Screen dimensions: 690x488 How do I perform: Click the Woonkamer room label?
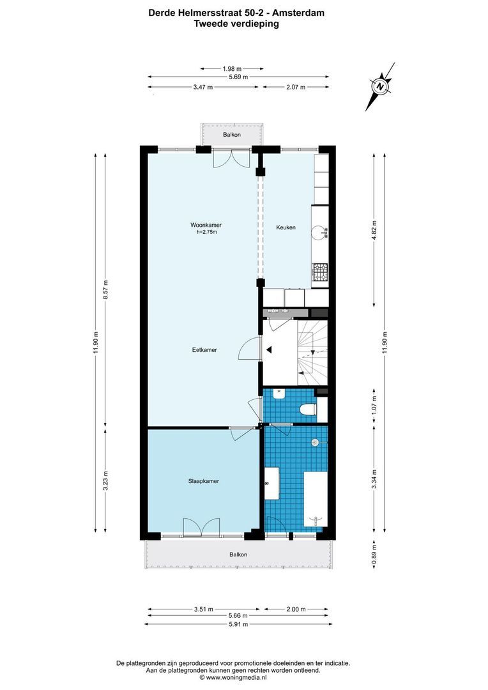click(206, 225)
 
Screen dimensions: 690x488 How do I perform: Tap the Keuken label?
click(286, 227)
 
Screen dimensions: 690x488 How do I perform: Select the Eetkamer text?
click(205, 349)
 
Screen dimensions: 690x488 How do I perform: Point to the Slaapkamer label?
click(204, 481)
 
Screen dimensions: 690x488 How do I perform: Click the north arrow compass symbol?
click(380, 86)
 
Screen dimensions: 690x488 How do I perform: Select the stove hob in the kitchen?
click(319, 273)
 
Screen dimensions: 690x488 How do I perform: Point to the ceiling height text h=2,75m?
click(207, 233)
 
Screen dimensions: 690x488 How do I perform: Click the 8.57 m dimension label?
click(106, 290)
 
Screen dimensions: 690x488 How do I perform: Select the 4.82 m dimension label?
click(374, 228)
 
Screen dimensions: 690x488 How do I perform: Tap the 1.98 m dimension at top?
click(233, 68)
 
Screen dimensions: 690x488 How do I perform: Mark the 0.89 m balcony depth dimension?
click(374, 549)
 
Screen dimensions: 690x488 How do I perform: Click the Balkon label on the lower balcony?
click(238, 555)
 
